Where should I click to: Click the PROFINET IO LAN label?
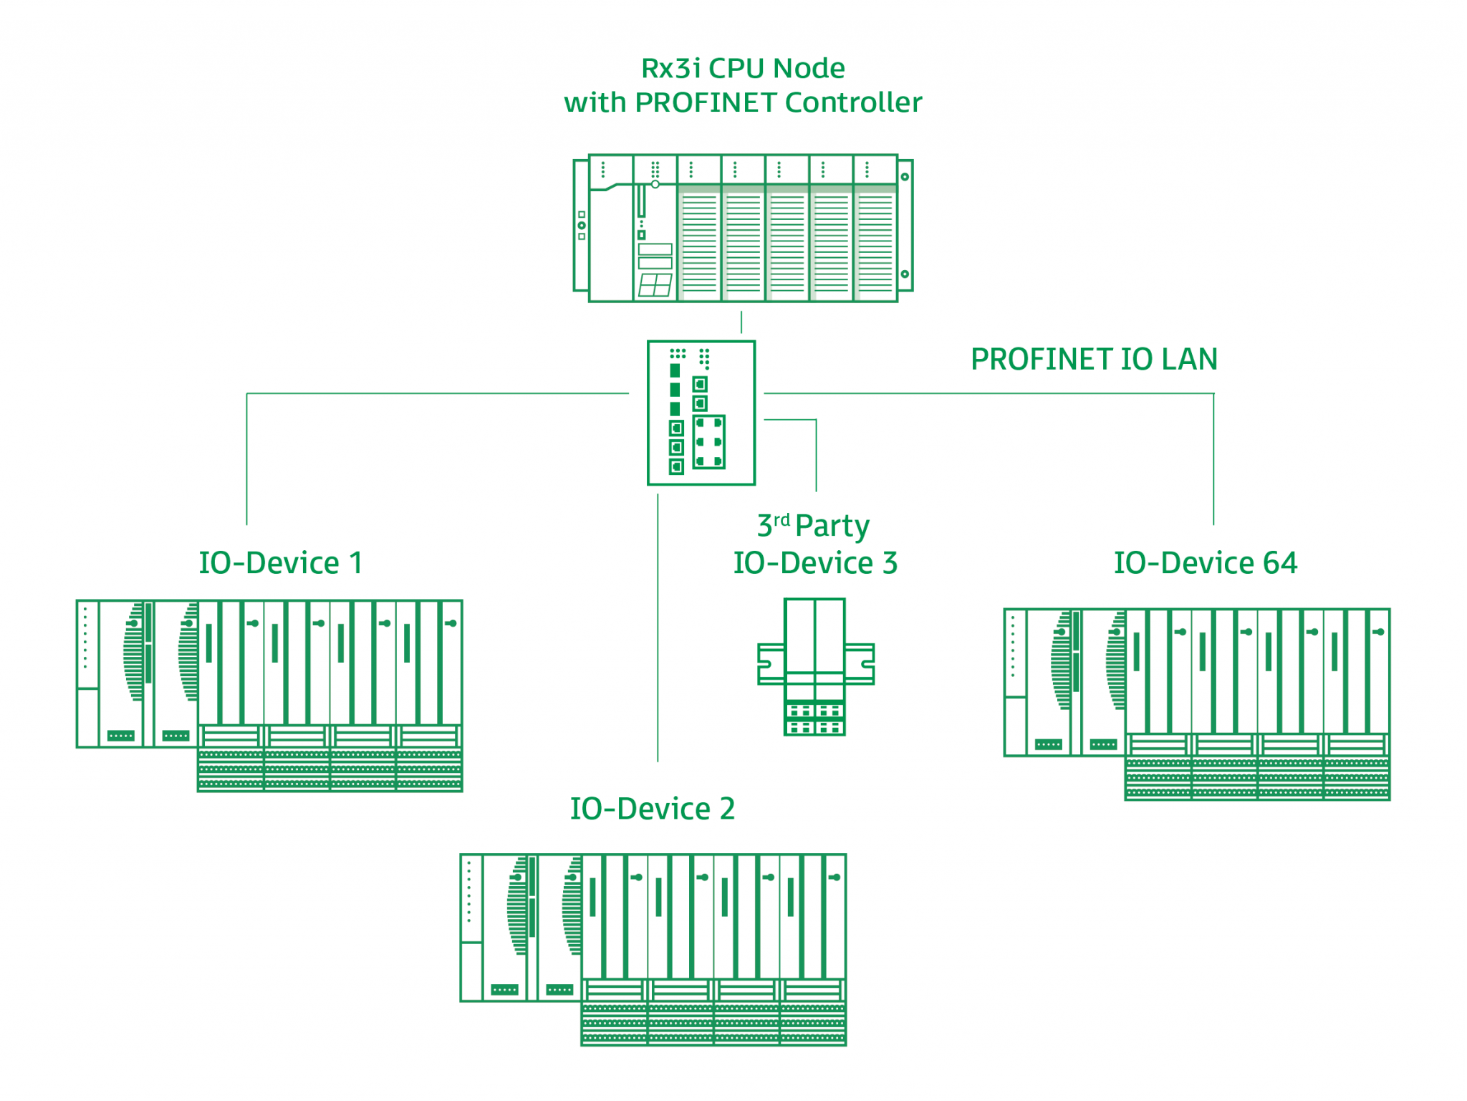[1094, 360]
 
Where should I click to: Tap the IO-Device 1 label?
[280, 563]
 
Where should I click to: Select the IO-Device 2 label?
[652, 809]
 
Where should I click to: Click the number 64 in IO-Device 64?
[1280, 563]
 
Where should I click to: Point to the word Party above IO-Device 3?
[832, 527]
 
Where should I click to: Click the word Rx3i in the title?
[670, 69]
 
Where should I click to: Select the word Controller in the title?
[853, 102]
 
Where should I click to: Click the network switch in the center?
[701, 413]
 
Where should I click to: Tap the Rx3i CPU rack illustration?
[742, 229]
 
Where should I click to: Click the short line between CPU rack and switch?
[741, 322]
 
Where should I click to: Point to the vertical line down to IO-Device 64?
[1213, 458]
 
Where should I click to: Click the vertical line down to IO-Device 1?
[246, 458]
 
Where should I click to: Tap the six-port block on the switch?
[709, 442]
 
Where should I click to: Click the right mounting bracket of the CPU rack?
[905, 225]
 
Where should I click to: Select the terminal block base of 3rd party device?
[815, 719]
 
